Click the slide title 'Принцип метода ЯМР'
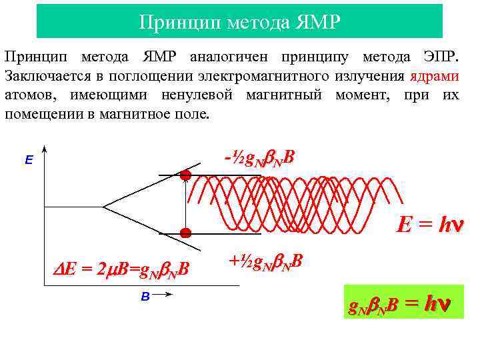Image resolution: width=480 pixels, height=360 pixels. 239,22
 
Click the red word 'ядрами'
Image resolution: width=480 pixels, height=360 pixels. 435,75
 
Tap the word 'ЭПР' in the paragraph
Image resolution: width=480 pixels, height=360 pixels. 437,57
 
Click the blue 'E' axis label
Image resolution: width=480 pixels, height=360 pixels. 28,160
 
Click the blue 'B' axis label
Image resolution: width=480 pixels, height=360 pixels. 145,297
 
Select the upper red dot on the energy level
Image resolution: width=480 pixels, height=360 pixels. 185,175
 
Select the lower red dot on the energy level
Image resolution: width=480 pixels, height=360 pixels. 186,233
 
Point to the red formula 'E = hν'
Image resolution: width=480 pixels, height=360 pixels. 430,225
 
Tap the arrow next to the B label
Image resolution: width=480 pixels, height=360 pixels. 163,298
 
